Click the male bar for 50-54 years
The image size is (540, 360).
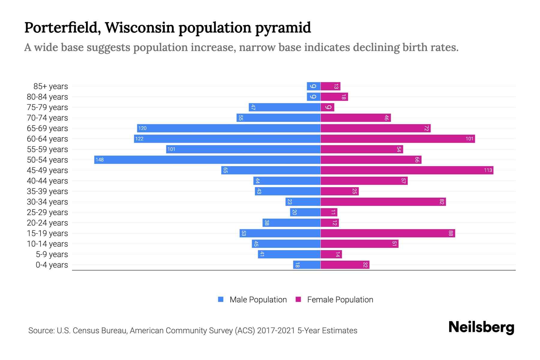tap(207, 160)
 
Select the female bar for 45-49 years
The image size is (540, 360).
tap(406, 170)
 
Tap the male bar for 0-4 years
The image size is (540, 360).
tap(307, 265)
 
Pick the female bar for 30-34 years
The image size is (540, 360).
tap(383, 202)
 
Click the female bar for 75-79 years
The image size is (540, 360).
tap(327, 107)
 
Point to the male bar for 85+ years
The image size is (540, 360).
tap(313, 86)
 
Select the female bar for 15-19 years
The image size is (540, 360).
tap(388, 233)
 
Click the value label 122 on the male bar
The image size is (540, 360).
tap(139, 139)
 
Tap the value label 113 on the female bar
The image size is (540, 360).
tap(488, 170)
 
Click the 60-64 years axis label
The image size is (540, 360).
tap(47, 139)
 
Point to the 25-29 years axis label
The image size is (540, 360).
tap(47, 212)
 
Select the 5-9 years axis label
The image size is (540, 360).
tap(52, 254)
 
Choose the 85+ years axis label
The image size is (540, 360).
tap(51, 86)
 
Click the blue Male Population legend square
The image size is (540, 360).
tap(221, 299)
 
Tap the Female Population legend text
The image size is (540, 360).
tap(340, 300)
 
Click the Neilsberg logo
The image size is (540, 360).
tap(481, 327)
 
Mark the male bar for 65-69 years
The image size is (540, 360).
tap(229, 128)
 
